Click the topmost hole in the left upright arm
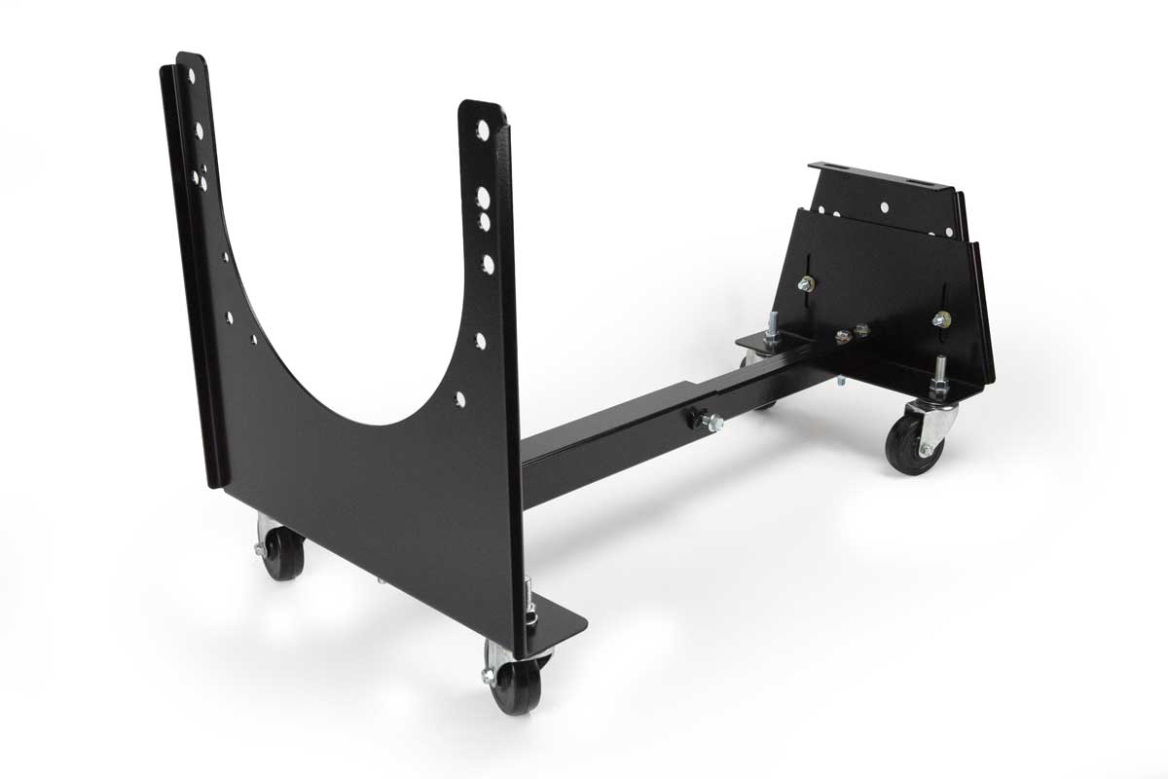pyautogui.click(x=193, y=75)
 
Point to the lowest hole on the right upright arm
pyautogui.click(x=459, y=399)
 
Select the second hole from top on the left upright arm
pyautogui.click(x=199, y=130)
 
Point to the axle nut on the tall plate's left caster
pyautogui.click(x=262, y=549)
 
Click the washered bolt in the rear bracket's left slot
pyautogui.click(x=806, y=283)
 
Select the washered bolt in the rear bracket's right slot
pyautogui.click(x=940, y=318)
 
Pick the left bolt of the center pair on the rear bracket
pyautogui.click(x=843, y=336)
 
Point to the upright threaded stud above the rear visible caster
pyautogui.click(x=942, y=375)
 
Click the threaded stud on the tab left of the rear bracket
pyautogui.click(x=771, y=323)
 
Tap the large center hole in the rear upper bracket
pyautogui.click(x=884, y=207)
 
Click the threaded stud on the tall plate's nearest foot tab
pyautogui.click(x=530, y=597)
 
